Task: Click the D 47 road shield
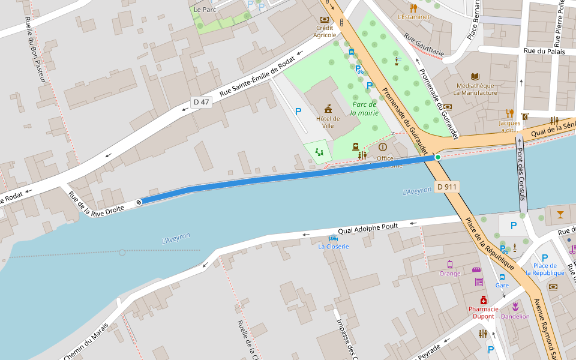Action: (x=202, y=102)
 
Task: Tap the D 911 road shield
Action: (x=447, y=187)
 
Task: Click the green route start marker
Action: (x=438, y=157)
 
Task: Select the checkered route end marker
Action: (x=139, y=202)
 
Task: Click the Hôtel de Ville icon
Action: (x=328, y=109)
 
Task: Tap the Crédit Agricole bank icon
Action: (x=325, y=19)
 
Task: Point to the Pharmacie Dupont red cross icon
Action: (x=483, y=299)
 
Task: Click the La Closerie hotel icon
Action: (x=334, y=238)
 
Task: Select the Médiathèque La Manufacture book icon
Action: (x=475, y=76)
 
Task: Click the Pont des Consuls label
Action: (x=521, y=174)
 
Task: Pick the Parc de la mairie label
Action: (x=364, y=108)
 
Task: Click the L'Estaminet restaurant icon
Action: (x=413, y=8)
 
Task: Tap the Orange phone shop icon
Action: (x=449, y=264)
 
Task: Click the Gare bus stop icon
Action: (x=502, y=277)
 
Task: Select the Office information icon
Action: (x=382, y=147)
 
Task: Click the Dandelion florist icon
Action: (x=515, y=307)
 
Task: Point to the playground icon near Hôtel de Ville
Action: (x=319, y=152)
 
